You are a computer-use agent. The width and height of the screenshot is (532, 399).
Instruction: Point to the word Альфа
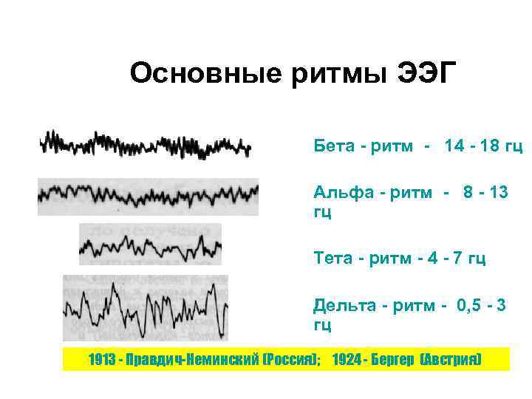point(341,193)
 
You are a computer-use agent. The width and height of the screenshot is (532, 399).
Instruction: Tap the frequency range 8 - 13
point(485,193)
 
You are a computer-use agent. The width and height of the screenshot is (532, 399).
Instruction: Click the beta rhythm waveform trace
point(146,144)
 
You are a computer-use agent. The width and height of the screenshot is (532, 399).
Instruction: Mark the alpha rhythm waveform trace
point(148,196)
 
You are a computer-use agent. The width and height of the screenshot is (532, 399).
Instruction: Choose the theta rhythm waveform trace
point(150,245)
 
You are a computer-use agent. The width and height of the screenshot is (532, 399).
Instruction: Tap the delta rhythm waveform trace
point(146,308)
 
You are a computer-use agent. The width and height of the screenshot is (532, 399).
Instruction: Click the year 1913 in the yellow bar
point(100,360)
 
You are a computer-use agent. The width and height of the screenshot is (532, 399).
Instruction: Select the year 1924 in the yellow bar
point(345,360)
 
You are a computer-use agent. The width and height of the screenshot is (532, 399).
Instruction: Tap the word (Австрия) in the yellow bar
point(451,360)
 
